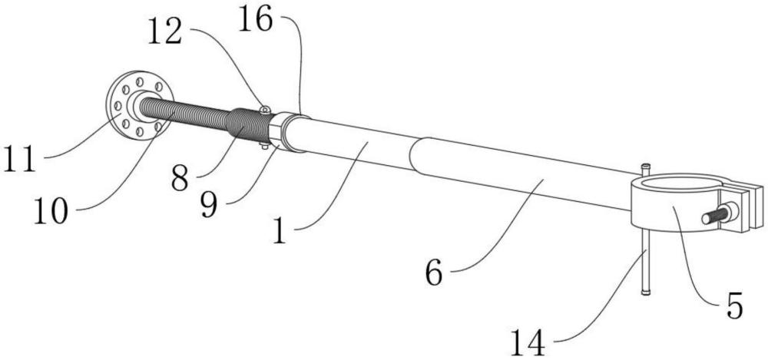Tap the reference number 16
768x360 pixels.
click(x=255, y=21)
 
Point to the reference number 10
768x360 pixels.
click(x=51, y=212)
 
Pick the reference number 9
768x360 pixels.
click(x=209, y=204)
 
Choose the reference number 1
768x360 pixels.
click(x=280, y=231)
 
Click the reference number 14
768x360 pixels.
click(x=528, y=342)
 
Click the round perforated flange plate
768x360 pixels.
click(x=141, y=106)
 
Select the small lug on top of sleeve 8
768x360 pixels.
click(x=264, y=110)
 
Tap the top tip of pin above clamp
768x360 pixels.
click(x=646, y=164)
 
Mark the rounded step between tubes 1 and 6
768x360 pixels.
click(x=413, y=154)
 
